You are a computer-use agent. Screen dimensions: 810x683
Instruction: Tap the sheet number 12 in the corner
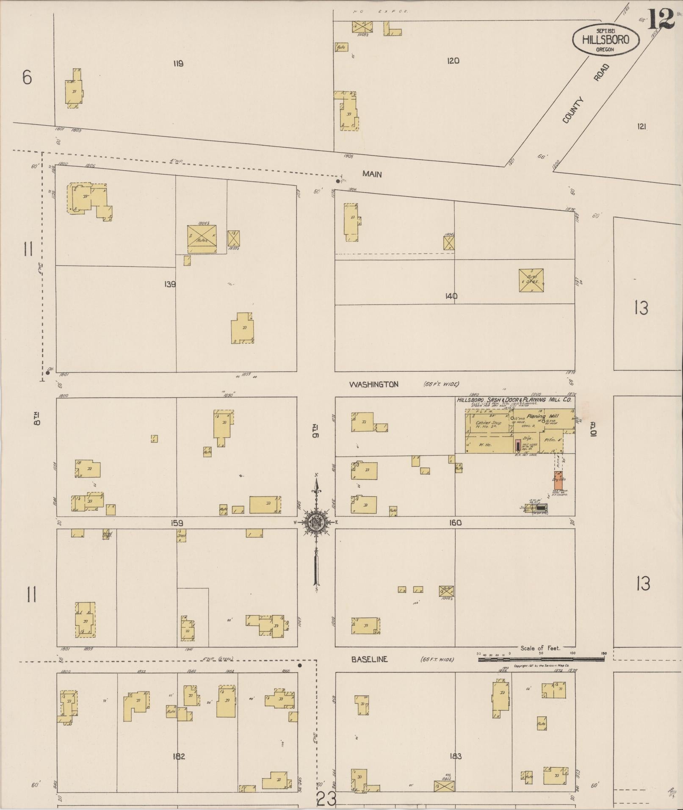(x=661, y=19)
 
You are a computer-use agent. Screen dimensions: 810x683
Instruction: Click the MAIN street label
(x=372, y=174)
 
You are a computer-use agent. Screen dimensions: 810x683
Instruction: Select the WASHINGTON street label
(x=373, y=384)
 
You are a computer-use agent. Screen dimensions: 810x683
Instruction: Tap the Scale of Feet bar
(x=542, y=659)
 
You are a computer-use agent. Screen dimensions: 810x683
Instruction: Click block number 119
(x=178, y=64)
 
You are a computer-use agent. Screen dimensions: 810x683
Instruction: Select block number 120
(x=453, y=61)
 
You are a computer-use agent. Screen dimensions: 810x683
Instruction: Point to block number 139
(x=170, y=284)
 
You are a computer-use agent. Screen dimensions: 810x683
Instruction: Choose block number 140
(x=451, y=296)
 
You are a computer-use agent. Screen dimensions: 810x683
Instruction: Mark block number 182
(x=179, y=756)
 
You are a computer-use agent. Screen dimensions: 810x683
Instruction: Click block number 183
(x=456, y=756)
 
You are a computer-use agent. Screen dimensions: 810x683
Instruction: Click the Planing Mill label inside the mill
(x=542, y=417)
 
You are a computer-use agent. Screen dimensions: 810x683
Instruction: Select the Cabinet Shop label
(x=488, y=423)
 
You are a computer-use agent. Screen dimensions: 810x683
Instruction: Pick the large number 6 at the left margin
(x=27, y=77)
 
